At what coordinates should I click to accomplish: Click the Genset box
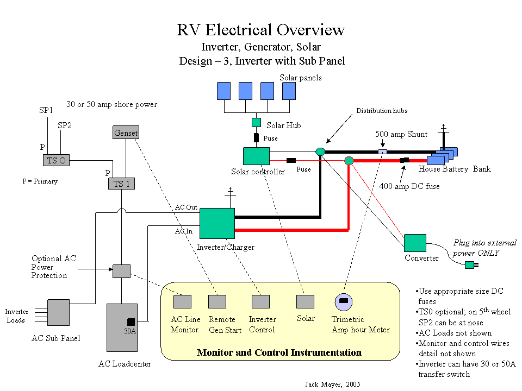pyautogui.click(x=126, y=133)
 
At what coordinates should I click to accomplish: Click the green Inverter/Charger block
pyautogui.click(x=217, y=223)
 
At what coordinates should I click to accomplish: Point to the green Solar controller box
pyautogui.click(x=257, y=156)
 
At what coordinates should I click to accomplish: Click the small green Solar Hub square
pyautogui.click(x=256, y=123)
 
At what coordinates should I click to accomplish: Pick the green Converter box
pyautogui.click(x=415, y=243)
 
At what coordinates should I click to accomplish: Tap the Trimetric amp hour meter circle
pyautogui.click(x=344, y=301)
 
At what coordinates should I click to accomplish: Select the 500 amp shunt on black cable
pyautogui.click(x=383, y=152)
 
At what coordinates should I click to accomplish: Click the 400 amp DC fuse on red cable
pyautogui.click(x=405, y=160)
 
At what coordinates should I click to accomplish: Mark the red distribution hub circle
pyautogui.click(x=349, y=160)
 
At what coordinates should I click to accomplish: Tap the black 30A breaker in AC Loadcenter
pyautogui.click(x=131, y=321)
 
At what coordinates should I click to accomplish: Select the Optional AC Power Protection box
pyautogui.click(x=121, y=270)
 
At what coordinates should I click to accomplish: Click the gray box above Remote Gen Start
pyautogui.click(x=217, y=301)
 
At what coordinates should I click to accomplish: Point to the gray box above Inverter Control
pyautogui.click(x=260, y=301)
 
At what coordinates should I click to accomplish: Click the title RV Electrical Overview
pyautogui.click(x=261, y=29)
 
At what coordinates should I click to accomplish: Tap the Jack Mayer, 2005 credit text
pyautogui.click(x=333, y=384)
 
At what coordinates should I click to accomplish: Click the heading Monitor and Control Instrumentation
pyautogui.click(x=279, y=352)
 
